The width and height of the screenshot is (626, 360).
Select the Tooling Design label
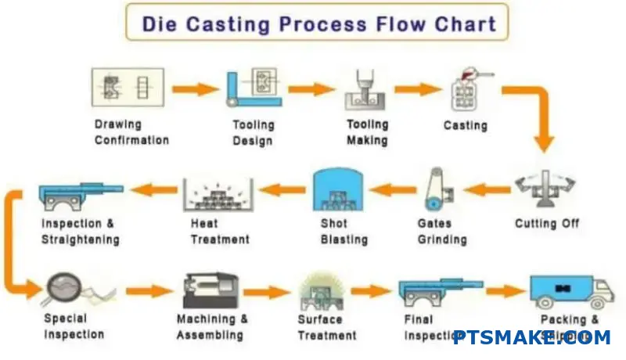point(253,132)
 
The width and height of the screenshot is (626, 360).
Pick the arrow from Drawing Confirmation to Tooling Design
point(195,88)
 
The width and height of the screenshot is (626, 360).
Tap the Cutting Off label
point(547,224)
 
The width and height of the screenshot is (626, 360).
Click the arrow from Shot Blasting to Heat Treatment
point(282,189)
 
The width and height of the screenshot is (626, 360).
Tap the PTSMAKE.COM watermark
point(531,337)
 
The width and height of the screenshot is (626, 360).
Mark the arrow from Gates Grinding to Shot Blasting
point(392,188)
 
